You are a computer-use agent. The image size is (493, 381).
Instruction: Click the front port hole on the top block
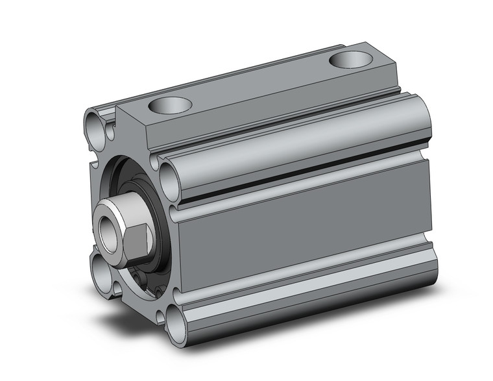tap(171, 104)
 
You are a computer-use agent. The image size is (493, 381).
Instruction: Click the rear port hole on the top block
tap(351, 60)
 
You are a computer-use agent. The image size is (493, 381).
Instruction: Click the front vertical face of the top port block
tap(133, 130)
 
